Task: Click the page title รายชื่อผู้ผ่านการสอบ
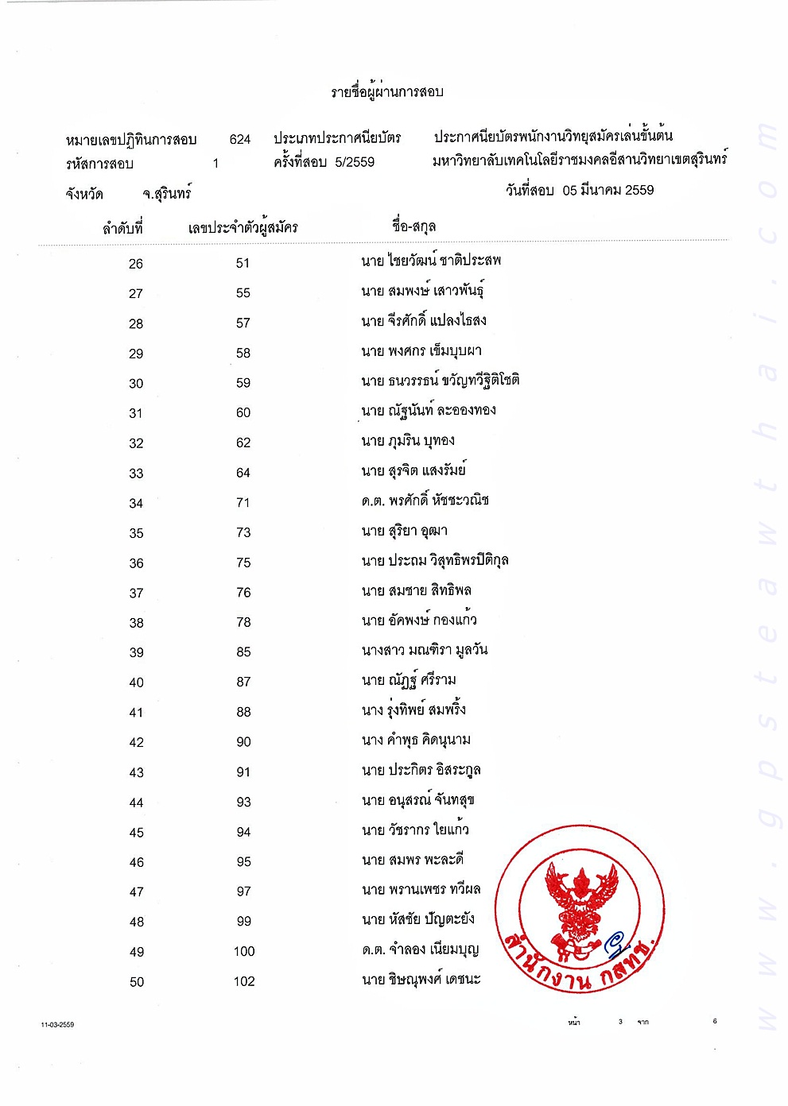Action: pyautogui.click(x=387, y=92)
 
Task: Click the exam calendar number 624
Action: pyautogui.click(x=240, y=140)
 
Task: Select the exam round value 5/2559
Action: pyautogui.click(x=355, y=162)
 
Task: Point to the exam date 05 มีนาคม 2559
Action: pyautogui.click(x=607, y=191)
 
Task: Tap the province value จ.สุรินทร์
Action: pyautogui.click(x=167, y=194)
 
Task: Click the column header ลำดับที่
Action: pyautogui.click(x=122, y=228)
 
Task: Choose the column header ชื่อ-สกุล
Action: pyautogui.click(x=413, y=226)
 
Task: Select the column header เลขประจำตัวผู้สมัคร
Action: pyautogui.click(x=243, y=228)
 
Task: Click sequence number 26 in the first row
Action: pyautogui.click(x=136, y=264)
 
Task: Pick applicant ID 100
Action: pyautogui.click(x=244, y=952)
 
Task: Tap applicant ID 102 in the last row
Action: pyautogui.click(x=244, y=982)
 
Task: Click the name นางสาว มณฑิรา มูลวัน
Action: pyautogui.click(x=424, y=651)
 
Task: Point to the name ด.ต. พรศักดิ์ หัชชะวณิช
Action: pyautogui.click(x=425, y=501)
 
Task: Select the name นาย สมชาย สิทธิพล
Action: pyautogui.click(x=416, y=590)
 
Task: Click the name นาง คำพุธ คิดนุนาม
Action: pyautogui.click(x=416, y=741)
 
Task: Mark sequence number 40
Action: pyautogui.click(x=136, y=683)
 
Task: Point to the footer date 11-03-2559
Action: pyautogui.click(x=57, y=1025)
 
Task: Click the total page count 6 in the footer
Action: pyautogui.click(x=715, y=1021)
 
